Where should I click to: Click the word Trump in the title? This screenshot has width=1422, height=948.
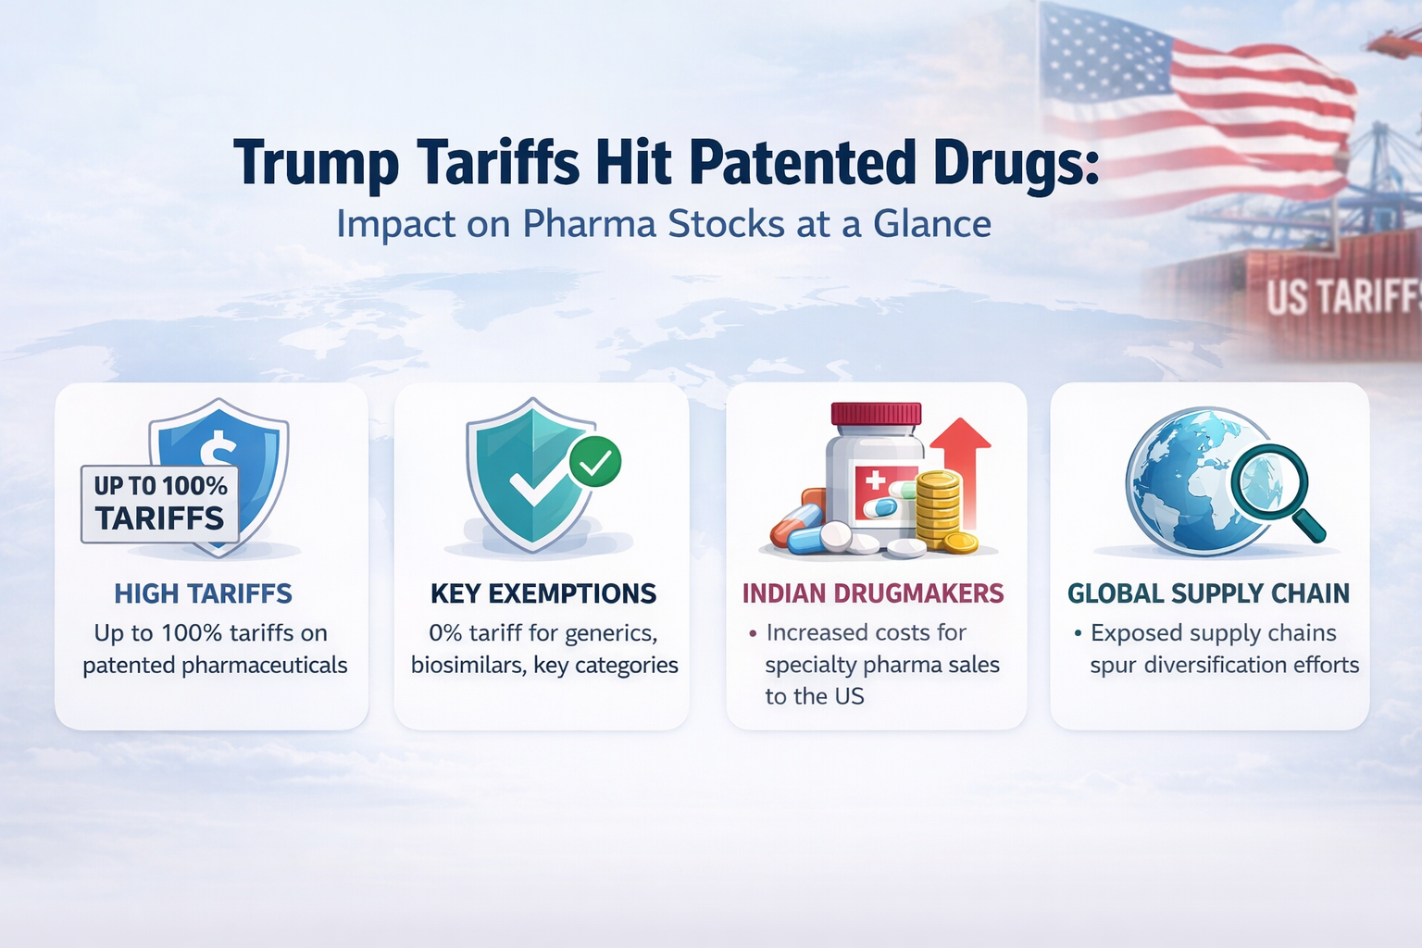316,164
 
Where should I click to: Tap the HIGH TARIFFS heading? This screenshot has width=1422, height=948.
203,593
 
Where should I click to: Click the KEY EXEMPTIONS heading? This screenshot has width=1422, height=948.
543,593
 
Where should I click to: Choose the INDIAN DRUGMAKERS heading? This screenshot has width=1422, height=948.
873,593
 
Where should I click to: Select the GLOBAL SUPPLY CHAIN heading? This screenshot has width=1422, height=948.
1208,593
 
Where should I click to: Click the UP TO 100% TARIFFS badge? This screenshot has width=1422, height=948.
160,503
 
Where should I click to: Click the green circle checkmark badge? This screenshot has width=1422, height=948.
595,461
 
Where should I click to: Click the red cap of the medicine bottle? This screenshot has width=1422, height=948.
876,414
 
